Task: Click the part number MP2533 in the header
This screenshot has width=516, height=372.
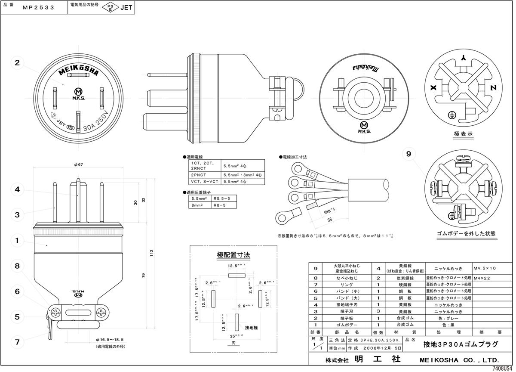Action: tap(38, 7)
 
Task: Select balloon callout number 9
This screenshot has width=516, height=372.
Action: tap(408, 153)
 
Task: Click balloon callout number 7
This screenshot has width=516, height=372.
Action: tap(17, 342)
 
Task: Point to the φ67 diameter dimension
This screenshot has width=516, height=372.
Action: tap(78, 165)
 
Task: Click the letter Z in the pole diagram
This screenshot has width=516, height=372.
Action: tap(494, 87)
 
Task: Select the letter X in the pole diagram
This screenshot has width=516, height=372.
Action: tap(433, 87)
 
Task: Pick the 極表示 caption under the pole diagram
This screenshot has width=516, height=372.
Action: tap(463, 133)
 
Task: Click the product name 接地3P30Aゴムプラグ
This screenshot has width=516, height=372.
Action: tap(461, 344)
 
